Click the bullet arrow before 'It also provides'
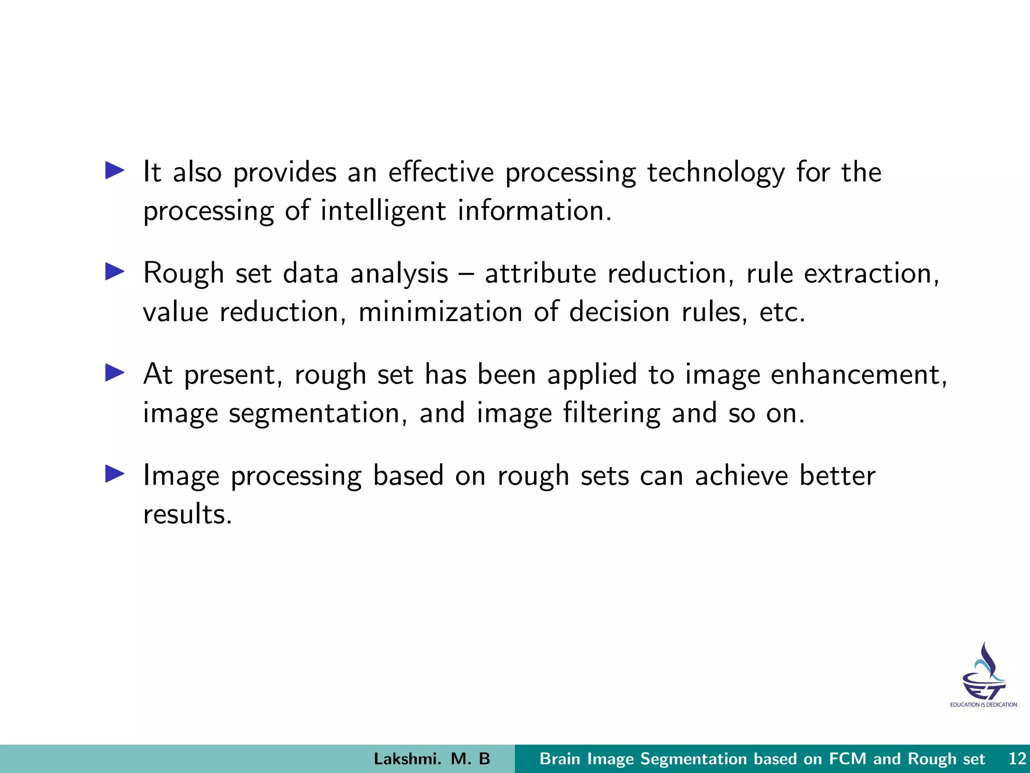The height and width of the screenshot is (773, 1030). (x=115, y=171)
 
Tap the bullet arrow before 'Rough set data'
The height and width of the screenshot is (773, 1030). (x=115, y=272)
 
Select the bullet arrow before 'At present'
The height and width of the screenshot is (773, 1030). (x=115, y=373)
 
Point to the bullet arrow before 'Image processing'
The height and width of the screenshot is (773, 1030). (x=115, y=474)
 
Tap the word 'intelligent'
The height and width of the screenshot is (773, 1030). (x=383, y=211)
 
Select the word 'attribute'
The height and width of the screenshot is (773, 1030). (x=540, y=274)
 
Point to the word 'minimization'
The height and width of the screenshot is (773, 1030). (x=440, y=312)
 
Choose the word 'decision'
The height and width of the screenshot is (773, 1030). (x=619, y=312)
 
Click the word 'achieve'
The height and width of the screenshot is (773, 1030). (x=741, y=476)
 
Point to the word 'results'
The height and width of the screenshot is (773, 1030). (x=187, y=514)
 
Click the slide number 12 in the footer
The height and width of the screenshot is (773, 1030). (x=1017, y=759)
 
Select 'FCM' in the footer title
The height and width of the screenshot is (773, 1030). (x=848, y=759)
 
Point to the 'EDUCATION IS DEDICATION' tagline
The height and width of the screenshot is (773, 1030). (x=983, y=705)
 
